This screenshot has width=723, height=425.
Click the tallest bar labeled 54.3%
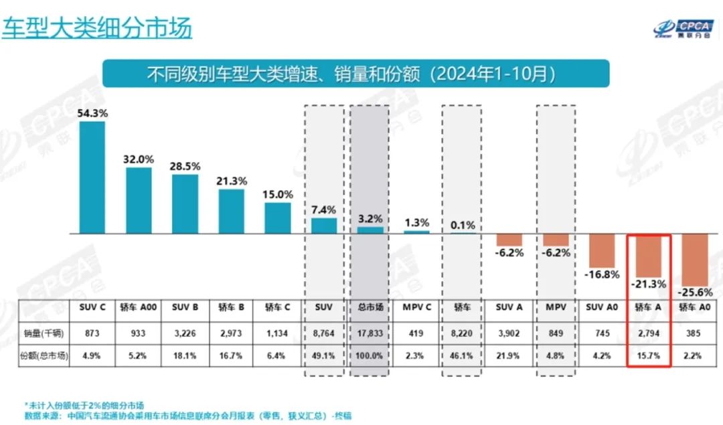click(92, 177)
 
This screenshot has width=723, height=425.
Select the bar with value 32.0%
click(139, 200)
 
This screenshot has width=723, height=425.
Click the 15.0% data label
click(277, 195)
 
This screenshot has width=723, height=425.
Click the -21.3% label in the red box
click(648, 284)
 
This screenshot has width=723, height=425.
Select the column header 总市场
click(369, 307)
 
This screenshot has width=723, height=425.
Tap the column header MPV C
click(416, 307)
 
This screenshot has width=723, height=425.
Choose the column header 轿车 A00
click(139, 307)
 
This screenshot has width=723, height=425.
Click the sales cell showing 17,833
click(369, 333)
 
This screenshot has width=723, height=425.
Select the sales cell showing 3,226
click(185, 333)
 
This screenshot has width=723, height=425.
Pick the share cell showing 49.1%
click(323, 356)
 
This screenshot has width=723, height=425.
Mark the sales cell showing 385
click(694, 333)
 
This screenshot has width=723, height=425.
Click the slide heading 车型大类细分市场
click(97, 28)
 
